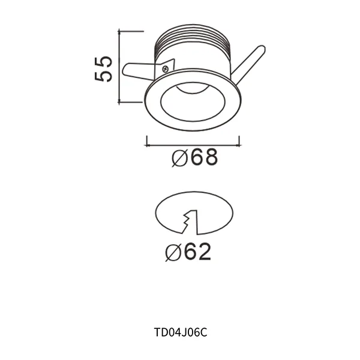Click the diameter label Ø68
coord(193,158)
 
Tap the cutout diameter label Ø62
coord(188,252)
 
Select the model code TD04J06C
coord(180,331)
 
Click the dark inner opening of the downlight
coord(193,98)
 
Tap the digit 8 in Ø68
coord(208,158)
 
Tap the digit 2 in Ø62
coord(203,252)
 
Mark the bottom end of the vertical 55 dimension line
coord(121,103)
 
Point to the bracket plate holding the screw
coord(169,66)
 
